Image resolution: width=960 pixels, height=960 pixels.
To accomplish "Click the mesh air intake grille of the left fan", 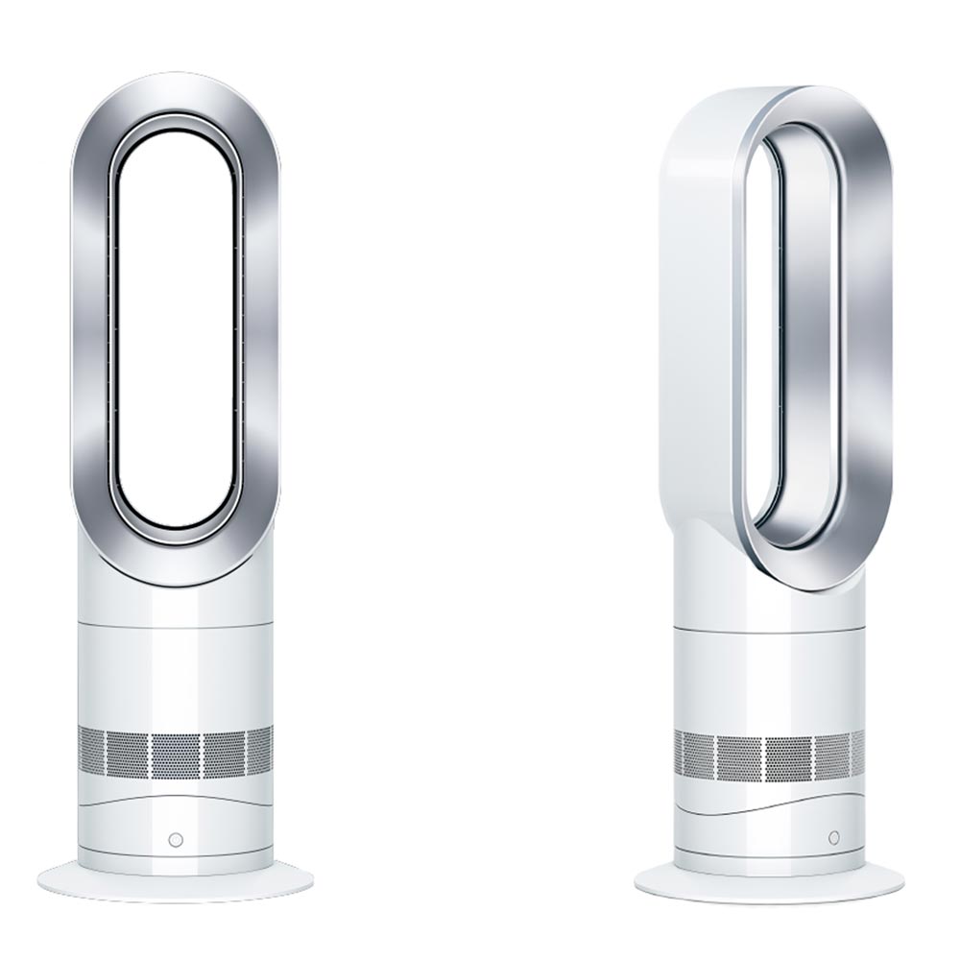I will pyautogui.click(x=175, y=753).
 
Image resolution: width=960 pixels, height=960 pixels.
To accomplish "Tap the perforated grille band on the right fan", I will pyautogui.click(x=768, y=755).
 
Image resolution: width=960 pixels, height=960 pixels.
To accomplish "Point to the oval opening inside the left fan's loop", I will pyautogui.click(x=175, y=326).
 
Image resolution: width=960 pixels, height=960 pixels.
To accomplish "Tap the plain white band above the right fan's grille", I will pyautogui.click(x=768, y=677).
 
